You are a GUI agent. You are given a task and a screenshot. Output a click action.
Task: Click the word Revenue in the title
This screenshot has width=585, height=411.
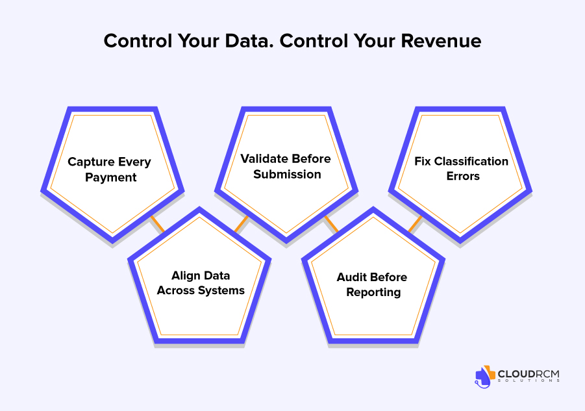point(441,41)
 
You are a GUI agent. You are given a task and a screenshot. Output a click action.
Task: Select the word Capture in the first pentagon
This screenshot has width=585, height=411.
point(91,162)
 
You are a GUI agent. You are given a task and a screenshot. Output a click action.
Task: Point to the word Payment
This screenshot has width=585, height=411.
point(111,177)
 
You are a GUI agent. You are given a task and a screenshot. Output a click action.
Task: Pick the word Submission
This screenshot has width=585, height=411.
point(287,174)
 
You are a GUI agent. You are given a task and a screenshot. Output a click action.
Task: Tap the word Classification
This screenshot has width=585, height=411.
point(471,161)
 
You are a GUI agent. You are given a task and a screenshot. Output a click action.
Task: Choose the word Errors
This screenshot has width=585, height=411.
point(463,176)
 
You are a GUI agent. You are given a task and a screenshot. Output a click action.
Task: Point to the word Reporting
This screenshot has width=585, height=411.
point(373,292)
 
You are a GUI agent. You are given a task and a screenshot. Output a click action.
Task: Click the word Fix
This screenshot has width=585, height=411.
point(423,161)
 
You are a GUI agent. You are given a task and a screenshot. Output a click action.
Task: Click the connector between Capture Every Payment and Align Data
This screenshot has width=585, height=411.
point(157,224)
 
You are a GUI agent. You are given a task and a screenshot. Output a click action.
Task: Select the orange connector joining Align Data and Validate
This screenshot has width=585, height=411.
point(241,224)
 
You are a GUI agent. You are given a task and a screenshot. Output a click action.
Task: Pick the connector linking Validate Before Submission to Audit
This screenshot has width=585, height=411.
point(331,224)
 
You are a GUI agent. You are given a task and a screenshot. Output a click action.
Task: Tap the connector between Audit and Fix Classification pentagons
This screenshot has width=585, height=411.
point(416,224)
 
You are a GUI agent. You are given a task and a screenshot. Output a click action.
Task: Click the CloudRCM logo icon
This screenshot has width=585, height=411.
point(484,377)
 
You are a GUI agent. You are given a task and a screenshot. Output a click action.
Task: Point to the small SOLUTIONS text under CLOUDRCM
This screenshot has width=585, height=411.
point(529,380)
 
